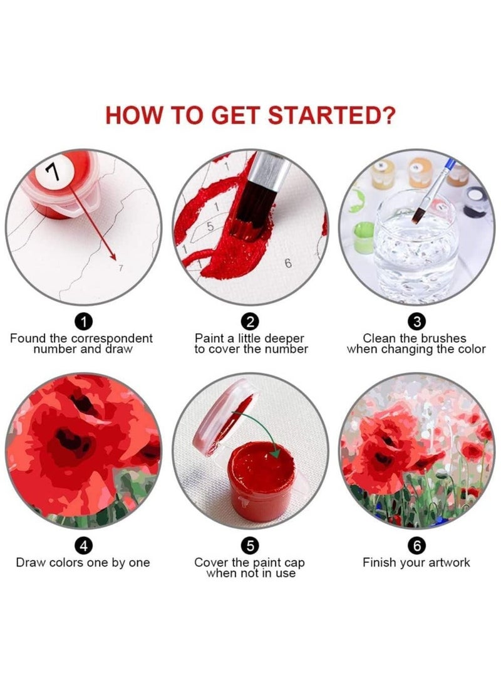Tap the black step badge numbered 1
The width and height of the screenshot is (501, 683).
[84, 322]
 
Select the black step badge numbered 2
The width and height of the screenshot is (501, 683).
[250, 322]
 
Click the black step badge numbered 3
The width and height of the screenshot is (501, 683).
[416, 322]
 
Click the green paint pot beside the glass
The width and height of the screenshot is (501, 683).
[363, 238]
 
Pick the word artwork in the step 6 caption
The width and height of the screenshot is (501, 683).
[445, 562]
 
